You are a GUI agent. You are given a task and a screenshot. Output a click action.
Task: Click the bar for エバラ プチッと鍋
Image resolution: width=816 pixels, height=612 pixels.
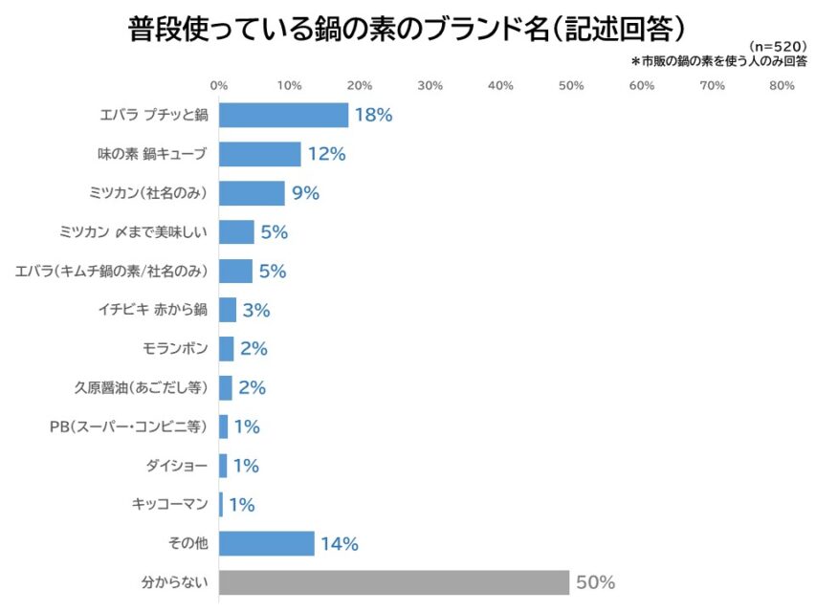(283, 115)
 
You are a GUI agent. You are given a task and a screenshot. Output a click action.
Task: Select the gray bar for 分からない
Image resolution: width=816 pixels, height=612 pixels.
(394, 582)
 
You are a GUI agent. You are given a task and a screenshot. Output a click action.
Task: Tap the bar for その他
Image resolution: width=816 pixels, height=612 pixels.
(267, 544)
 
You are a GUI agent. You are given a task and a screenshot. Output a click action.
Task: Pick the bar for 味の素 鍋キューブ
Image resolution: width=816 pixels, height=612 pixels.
(260, 154)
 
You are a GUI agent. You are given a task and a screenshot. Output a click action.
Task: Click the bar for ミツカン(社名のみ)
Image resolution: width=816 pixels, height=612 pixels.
(252, 193)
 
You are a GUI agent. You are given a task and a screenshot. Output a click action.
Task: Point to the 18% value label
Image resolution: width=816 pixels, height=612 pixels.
(373, 115)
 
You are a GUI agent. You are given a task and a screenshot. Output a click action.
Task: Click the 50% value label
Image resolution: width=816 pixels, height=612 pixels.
(595, 582)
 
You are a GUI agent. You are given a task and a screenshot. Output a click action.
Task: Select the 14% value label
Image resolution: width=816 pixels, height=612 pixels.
(339, 544)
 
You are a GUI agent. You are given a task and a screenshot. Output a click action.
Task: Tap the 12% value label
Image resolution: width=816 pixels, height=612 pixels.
(326, 154)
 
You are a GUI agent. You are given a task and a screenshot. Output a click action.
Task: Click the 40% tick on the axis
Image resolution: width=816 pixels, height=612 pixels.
(501, 86)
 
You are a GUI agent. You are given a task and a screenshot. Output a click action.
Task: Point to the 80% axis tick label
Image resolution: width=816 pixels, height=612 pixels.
(783, 86)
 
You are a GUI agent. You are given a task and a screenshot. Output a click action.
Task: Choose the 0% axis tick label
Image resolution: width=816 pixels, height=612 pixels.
(219, 86)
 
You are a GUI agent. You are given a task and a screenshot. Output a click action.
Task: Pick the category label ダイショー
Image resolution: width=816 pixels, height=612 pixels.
(177, 466)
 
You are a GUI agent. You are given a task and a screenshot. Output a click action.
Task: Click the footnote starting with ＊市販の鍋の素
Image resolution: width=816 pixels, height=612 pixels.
(718, 61)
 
